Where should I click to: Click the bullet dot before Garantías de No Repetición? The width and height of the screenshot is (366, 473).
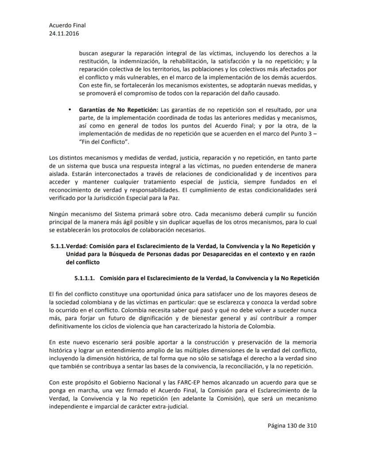point(69,109)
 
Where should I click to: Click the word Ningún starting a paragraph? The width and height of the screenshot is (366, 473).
point(60,214)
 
